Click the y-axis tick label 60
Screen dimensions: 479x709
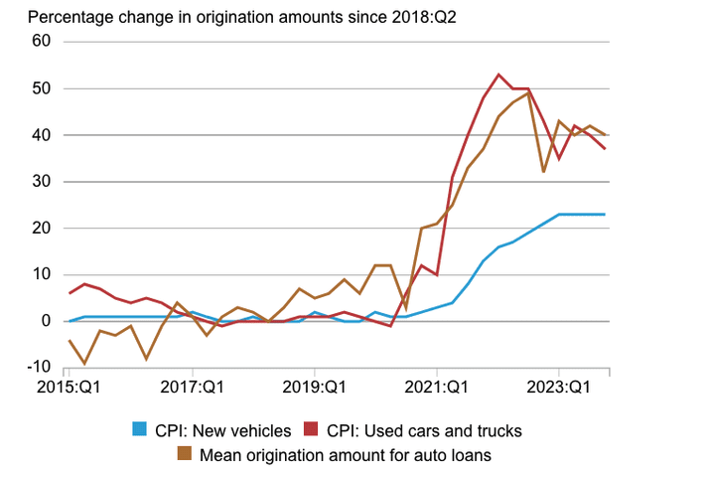[x=41, y=42]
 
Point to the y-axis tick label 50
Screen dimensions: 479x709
[x=41, y=88]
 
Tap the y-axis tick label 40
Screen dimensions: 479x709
[x=41, y=135]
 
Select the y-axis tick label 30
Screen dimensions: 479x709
[x=41, y=182]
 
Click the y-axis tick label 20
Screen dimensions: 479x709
[x=41, y=228]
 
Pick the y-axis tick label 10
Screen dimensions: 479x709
[x=41, y=274]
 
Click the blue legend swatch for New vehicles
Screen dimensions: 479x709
[x=141, y=431]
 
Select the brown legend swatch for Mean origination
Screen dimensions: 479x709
[x=184, y=456]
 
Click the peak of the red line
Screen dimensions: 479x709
[x=498, y=75]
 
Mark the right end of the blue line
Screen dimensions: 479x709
[x=605, y=215]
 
